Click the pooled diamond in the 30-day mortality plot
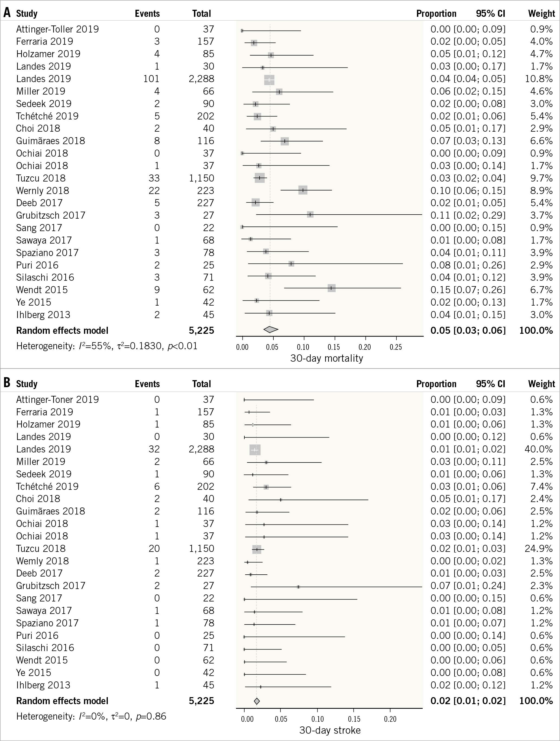pos(271,330)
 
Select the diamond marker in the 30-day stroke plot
pos(257,701)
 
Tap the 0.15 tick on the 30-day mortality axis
pos(334,347)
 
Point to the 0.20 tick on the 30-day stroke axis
pos(390,719)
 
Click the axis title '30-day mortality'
pos(326,358)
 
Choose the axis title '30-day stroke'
pos(330,730)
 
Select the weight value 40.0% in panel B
pos(538,449)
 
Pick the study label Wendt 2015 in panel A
pos(42,290)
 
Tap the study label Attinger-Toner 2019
pos(57,400)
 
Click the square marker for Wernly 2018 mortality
pos(303,190)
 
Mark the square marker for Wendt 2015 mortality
pos(331,288)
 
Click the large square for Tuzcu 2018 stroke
pos(257,549)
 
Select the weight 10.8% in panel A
pos(538,79)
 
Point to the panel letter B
pos(7,383)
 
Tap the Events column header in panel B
pos(147,384)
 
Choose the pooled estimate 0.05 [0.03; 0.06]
pos(468,331)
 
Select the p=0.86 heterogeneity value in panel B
pos(151,716)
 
